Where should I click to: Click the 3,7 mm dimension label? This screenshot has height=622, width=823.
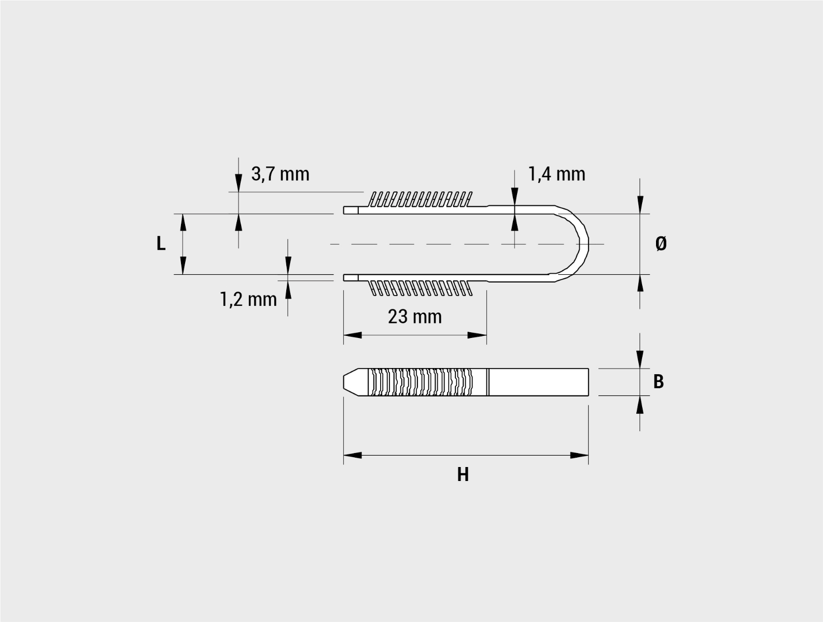pos(280,174)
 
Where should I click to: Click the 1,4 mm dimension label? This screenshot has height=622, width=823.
pos(556,174)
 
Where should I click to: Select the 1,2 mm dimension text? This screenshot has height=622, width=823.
pos(248,300)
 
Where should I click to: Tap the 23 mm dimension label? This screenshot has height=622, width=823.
pos(415,317)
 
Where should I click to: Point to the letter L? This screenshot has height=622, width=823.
pos(161,244)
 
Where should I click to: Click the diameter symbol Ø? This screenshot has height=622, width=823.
pos(661,244)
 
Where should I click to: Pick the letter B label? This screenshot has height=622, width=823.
pos(659,382)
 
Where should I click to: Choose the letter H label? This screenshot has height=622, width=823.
pos(463,475)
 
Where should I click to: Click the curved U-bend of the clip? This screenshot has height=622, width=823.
pos(584,244)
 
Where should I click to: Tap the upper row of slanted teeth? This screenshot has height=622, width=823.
pos(420,200)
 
